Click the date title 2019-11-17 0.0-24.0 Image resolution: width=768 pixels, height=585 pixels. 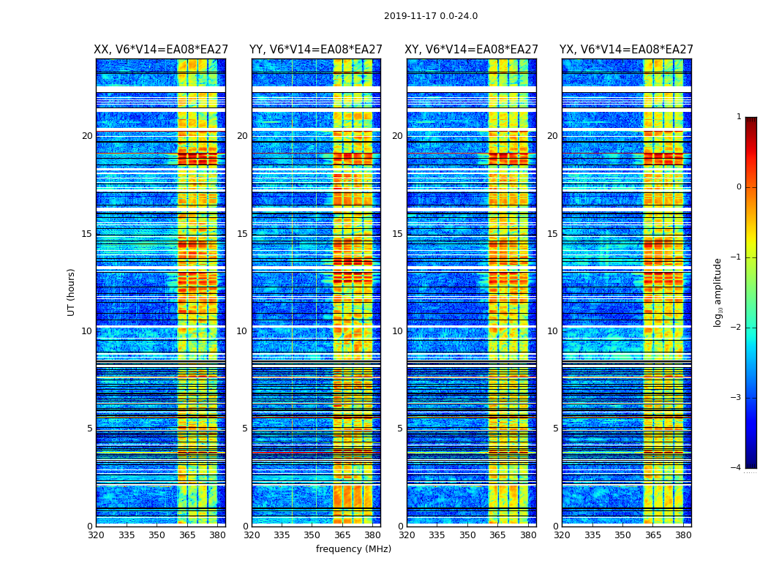[430, 16]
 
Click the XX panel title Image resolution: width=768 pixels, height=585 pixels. [161, 50]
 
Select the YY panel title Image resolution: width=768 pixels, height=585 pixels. [316, 50]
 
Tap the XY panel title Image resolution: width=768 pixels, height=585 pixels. [472, 50]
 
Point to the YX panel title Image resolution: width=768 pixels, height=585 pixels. [626, 50]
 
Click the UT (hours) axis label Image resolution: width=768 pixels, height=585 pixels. [71, 292]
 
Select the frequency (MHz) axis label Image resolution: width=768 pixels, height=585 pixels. [353, 549]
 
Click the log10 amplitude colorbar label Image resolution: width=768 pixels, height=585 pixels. [718, 292]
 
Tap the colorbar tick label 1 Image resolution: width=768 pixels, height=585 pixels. [739, 117]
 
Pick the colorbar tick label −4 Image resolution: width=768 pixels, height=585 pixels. [737, 468]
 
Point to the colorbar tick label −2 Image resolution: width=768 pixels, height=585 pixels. [737, 328]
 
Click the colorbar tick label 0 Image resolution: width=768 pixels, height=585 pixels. [739, 187]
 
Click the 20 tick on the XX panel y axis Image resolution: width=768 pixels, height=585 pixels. [87, 136]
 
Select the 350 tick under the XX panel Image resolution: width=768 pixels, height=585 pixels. [157, 535]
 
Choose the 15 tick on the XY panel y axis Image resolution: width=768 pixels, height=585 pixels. [397, 234]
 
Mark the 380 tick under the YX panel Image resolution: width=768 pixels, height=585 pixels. [683, 535]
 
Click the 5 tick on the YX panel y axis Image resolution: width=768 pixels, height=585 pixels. [555, 429]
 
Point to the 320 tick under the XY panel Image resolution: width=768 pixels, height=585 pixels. [407, 535]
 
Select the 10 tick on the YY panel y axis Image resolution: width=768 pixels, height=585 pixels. [242, 331]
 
